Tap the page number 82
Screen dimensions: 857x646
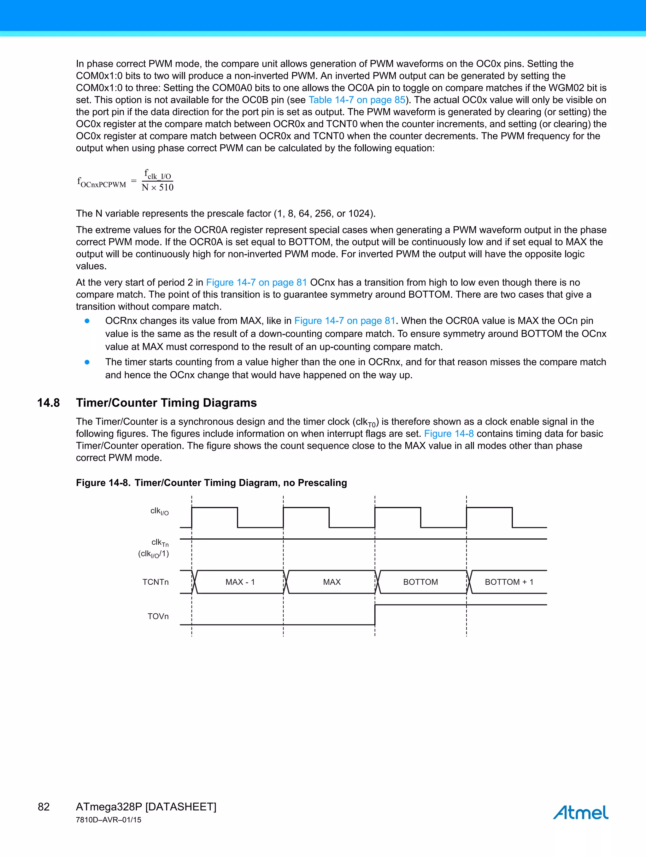(x=44, y=807)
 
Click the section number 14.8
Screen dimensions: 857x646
(x=49, y=403)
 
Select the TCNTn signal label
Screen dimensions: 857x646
(x=156, y=582)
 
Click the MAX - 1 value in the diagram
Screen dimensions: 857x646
(x=240, y=582)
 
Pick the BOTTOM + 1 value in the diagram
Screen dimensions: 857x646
(x=509, y=582)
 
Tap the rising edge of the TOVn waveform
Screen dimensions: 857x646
(x=375, y=615)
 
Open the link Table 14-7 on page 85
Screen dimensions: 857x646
(x=357, y=100)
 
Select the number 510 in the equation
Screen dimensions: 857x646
(x=166, y=188)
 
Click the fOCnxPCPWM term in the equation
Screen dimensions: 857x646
(x=102, y=182)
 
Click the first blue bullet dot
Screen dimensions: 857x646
(x=87, y=321)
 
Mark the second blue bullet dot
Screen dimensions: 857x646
(x=87, y=362)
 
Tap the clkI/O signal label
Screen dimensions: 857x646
(x=159, y=512)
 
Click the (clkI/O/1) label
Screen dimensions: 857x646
(x=154, y=554)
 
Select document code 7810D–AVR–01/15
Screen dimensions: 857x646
(x=109, y=820)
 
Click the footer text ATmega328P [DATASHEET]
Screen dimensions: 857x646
(x=146, y=807)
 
